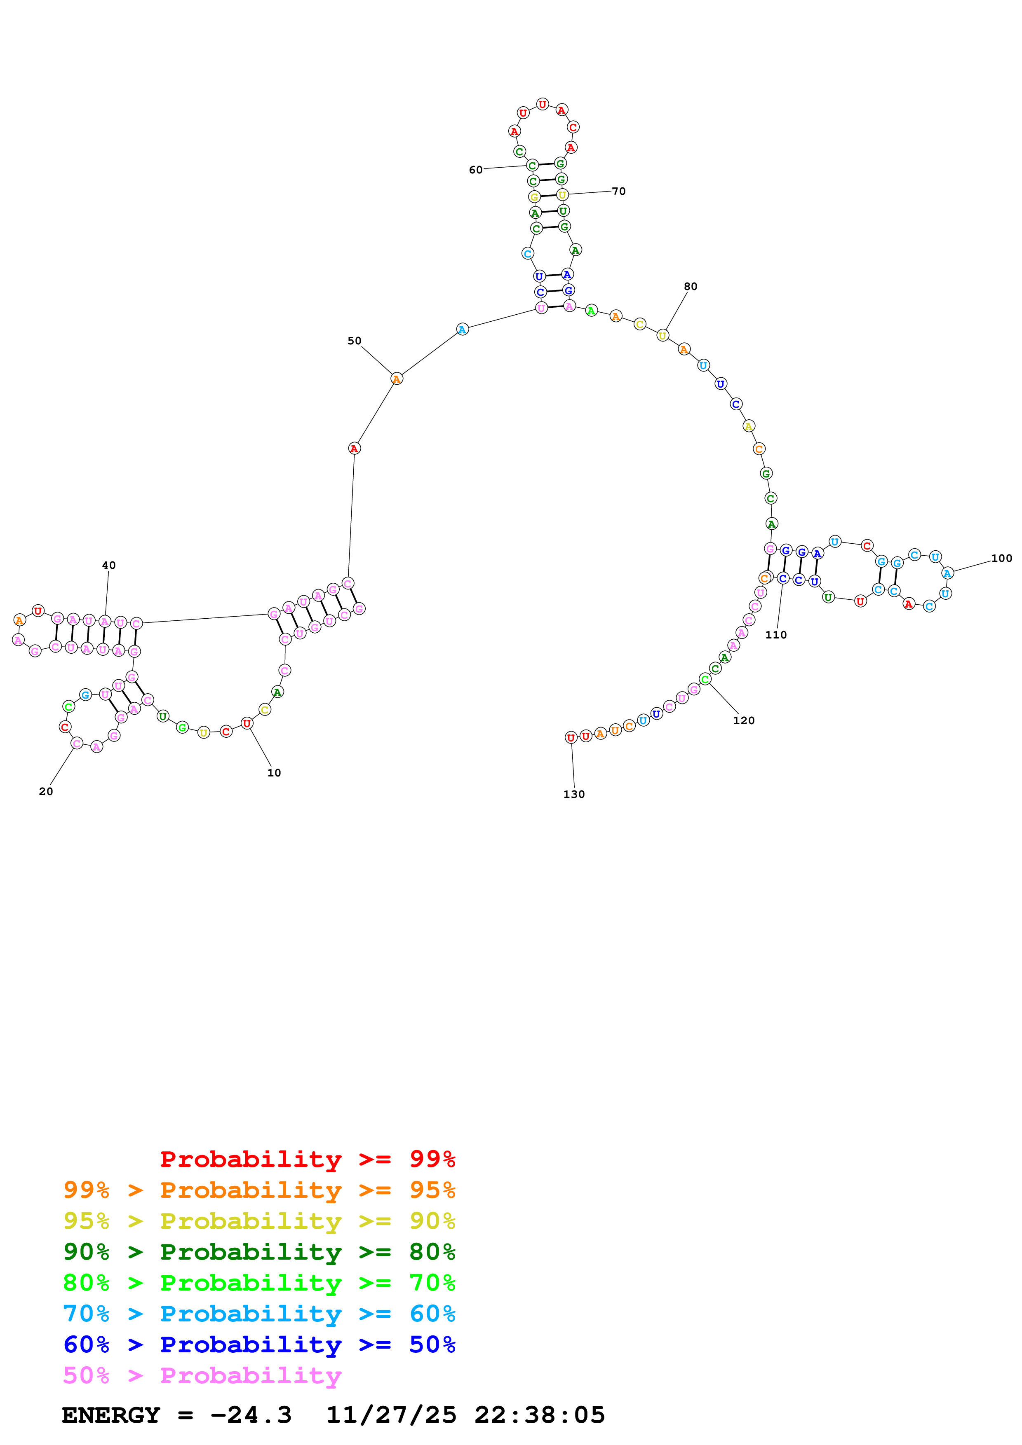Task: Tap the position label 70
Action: tap(619, 191)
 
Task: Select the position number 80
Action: tap(691, 286)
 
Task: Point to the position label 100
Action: tap(1001, 558)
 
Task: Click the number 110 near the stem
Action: tap(776, 635)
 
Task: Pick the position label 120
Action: tap(744, 720)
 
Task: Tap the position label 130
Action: tap(573, 794)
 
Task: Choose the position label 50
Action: tap(355, 341)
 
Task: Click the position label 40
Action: tap(109, 565)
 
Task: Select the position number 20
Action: tap(46, 791)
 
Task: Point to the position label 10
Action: tap(274, 773)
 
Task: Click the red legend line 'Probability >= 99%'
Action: tap(308, 1159)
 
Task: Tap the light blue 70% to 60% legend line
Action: tap(259, 1314)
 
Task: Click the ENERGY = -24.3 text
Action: tap(177, 1415)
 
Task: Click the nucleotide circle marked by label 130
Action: tap(571, 738)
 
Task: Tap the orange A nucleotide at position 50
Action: tap(396, 379)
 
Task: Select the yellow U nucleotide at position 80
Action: tap(663, 335)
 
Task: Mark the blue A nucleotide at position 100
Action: tap(947, 573)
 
